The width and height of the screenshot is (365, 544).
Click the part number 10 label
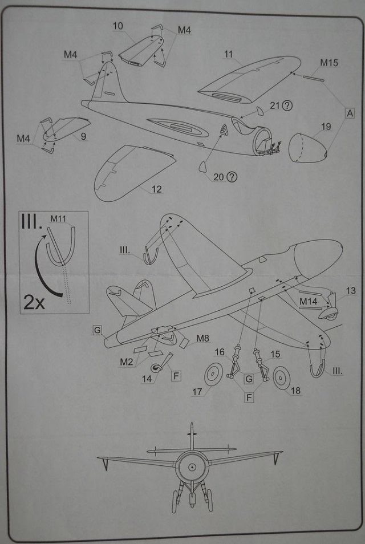[x=118, y=26]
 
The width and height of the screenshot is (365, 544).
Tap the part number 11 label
[x=229, y=55]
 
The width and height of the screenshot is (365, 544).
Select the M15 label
[x=328, y=63]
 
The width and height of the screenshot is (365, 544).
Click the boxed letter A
[x=349, y=113]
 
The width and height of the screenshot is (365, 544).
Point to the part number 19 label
[x=325, y=127]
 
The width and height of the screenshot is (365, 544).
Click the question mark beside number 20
[x=232, y=177]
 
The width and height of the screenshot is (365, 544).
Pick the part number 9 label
[x=83, y=136]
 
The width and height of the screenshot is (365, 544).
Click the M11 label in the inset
[x=58, y=218]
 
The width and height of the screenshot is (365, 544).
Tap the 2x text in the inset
[x=34, y=301]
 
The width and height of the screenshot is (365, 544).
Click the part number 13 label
[x=350, y=291]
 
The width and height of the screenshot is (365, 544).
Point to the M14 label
[x=309, y=300]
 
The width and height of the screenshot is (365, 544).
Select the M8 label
[x=202, y=339]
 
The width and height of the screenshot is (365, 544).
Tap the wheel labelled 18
[x=282, y=377]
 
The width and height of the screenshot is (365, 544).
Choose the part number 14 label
[x=147, y=378]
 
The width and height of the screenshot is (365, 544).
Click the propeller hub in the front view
[x=192, y=467]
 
